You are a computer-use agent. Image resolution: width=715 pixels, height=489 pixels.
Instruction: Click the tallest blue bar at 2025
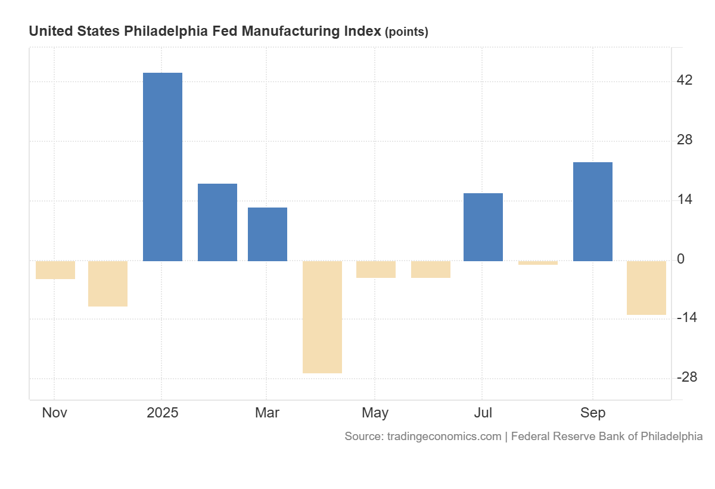coord(163,167)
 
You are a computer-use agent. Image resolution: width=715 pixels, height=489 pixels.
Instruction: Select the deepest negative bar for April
coord(322,317)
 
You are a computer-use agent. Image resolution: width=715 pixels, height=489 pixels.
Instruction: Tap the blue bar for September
coord(592,212)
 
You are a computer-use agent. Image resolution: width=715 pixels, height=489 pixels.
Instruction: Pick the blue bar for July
coord(483,227)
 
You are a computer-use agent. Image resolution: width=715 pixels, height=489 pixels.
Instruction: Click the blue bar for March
coord(268,234)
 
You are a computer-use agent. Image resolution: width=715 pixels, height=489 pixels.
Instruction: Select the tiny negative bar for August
coord(538,263)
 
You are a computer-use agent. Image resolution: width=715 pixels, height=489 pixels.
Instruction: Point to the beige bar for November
coord(55,270)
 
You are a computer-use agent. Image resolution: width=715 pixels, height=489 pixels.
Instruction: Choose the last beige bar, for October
coord(646,288)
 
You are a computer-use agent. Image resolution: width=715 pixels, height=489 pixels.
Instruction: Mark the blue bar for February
coord(217,222)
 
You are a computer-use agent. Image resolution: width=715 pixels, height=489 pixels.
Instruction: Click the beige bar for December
coord(108,284)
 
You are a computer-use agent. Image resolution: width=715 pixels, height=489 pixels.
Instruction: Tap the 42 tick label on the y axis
coord(685,81)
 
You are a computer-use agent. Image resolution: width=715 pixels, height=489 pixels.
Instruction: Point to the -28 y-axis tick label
coord(686,377)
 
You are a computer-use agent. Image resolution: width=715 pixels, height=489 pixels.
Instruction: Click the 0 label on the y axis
coord(680,259)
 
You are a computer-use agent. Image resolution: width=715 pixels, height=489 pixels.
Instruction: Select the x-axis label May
coord(375,413)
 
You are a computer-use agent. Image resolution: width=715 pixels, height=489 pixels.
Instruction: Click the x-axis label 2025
coord(162,413)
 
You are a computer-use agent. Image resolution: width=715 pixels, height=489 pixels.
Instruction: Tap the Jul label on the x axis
coord(483,413)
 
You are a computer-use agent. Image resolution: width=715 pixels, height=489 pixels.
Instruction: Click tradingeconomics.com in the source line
coord(444,437)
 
